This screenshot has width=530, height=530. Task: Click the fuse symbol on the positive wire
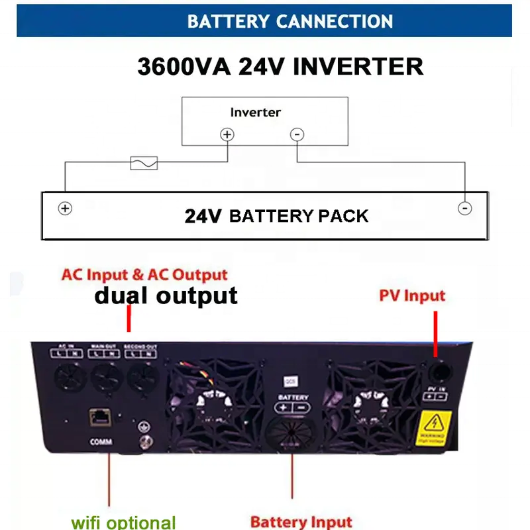(144, 163)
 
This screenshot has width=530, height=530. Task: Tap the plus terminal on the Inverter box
(227, 134)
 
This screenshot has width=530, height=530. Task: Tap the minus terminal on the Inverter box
(297, 134)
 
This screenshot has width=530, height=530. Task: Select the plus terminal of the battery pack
(65, 208)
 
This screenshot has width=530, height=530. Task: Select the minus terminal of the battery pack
(465, 208)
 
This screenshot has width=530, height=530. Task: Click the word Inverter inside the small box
(255, 112)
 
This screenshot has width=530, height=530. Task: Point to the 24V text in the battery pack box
(203, 216)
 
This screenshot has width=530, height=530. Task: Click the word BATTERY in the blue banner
(228, 21)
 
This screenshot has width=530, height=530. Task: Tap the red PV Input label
(412, 295)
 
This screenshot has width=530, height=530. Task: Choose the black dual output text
(166, 295)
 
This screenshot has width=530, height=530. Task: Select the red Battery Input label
(301, 521)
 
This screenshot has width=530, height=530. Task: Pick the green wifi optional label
(124, 522)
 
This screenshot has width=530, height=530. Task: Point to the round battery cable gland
(292, 437)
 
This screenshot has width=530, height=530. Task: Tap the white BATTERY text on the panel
(293, 396)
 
